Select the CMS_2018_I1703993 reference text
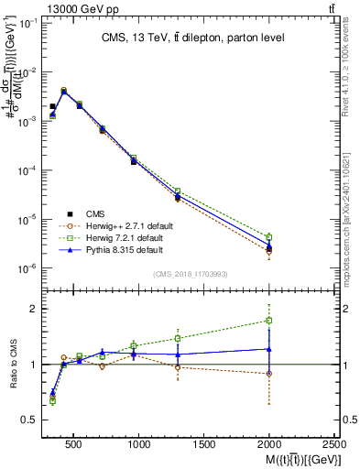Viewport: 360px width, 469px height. point(190,274)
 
